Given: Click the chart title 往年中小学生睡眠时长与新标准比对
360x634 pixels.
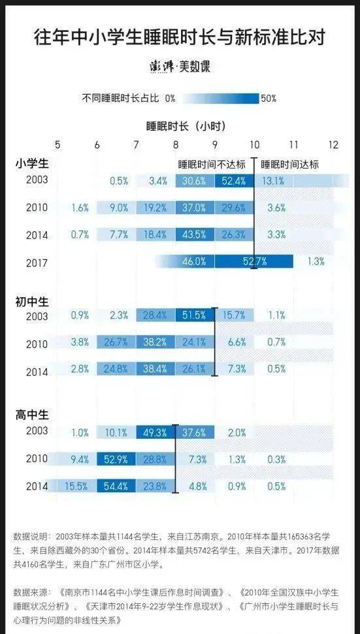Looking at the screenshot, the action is tap(180, 38).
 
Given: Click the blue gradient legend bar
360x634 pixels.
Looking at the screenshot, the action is tap(220, 98).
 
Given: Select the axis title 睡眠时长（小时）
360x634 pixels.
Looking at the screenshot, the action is tap(186, 126).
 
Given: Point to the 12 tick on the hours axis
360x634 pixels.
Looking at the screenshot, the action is tap(333, 145).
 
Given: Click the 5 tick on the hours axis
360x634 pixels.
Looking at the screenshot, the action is tap(58, 145).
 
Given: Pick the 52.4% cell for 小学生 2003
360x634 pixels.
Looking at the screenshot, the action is tap(235, 181).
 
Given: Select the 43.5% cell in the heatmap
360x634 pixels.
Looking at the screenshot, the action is tap(195, 235).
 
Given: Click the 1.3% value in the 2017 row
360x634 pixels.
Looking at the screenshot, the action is tap(316, 262).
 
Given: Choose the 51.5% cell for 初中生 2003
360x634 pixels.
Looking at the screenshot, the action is tap(195, 315).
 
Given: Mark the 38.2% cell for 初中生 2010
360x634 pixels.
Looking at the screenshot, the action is tap(156, 341).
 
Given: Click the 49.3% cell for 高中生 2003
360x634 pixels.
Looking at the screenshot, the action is tap(156, 432).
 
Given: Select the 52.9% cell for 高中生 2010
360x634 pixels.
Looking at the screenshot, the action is tap(117, 459).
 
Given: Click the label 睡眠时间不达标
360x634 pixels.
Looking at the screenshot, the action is tap(212, 165).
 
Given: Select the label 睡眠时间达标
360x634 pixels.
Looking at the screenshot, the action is tap(289, 165).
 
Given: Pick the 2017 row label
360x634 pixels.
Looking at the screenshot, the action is tap(37, 263).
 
